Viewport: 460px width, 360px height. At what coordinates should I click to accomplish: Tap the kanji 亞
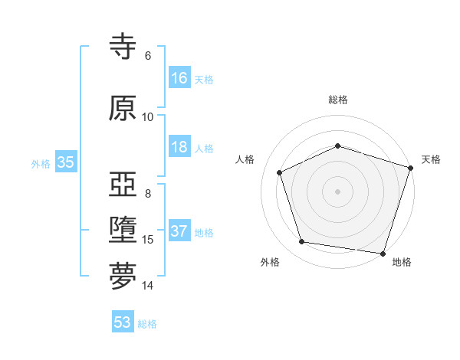pos(123,186)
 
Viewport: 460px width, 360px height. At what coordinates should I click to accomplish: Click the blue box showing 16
pos(179,78)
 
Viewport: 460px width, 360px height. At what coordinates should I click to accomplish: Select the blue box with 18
pos(179,148)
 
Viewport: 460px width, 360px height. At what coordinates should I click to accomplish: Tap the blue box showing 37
pos(179,232)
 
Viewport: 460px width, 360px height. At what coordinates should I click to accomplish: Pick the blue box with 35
pos(65,162)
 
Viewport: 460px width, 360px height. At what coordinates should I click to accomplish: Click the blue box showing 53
pos(123,322)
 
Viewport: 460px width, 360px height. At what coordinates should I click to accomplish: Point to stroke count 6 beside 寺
pos(148,56)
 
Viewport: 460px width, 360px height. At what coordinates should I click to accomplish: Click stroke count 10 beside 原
pos(148,117)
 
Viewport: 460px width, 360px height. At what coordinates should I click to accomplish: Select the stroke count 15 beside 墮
pos(148,240)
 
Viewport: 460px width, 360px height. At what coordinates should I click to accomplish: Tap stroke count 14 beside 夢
pos(148,286)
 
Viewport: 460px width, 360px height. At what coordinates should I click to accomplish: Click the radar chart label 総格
pos(338,100)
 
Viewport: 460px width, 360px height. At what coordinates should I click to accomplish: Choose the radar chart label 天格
pos(431,159)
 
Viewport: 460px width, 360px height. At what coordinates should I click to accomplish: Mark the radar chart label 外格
pos(270,262)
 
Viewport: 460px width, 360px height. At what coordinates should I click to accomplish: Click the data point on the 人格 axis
pos(280,172)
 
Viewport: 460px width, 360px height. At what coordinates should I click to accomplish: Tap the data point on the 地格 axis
pos(383,253)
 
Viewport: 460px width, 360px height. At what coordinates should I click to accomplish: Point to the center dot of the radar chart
pos(338,191)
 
